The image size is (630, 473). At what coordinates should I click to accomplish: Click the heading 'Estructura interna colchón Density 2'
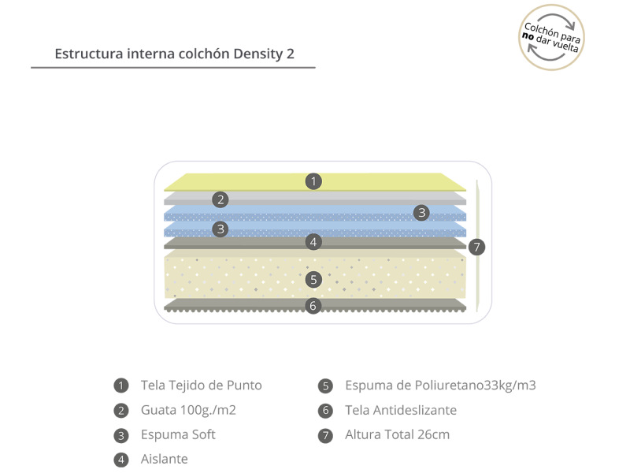(x=174, y=54)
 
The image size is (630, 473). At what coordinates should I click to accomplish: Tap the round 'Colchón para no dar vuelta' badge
(x=551, y=37)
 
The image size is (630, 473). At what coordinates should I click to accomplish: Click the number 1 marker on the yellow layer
(x=313, y=181)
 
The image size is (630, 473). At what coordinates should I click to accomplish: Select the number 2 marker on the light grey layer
(x=220, y=199)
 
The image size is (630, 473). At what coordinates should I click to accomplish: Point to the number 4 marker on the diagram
(x=313, y=242)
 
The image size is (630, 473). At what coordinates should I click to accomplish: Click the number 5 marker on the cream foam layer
(x=313, y=280)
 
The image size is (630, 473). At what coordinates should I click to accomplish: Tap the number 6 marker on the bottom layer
(x=313, y=306)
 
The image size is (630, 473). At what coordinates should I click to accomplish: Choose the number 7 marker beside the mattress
(x=476, y=247)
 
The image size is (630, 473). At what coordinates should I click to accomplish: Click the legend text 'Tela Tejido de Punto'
(x=202, y=385)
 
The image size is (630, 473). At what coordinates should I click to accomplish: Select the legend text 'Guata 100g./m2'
(x=188, y=410)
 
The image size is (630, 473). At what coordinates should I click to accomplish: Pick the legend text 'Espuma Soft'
(x=178, y=435)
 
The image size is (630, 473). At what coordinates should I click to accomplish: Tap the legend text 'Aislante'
(x=165, y=460)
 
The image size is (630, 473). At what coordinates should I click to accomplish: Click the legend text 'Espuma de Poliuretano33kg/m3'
(x=440, y=385)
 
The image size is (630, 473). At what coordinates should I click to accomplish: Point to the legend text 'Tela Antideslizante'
(x=401, y=410)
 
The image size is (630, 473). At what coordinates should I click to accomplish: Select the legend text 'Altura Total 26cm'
(x=398, y=435)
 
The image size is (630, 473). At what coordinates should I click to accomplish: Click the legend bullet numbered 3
(x=121, y=436)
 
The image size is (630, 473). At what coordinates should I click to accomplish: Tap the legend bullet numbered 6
(x=325, y=411)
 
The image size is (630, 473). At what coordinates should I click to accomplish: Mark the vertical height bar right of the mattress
(x=477, y=246)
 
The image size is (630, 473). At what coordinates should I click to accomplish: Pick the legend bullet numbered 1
(x=121, y=385)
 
